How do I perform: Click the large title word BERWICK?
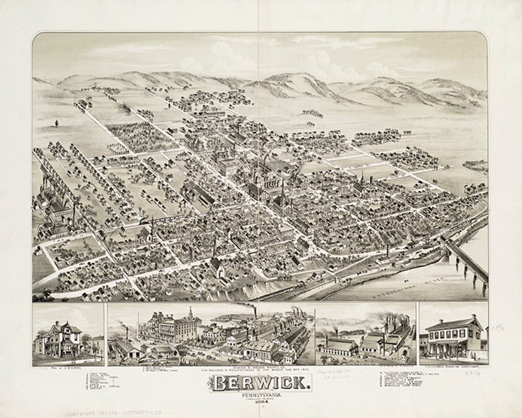(260, 384)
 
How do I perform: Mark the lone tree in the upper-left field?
(57, 123)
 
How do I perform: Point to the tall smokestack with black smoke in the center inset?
(256, 314)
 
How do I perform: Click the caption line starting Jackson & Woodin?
(260, 369)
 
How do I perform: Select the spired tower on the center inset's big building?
(191, 314)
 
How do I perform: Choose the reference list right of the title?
(411, 382)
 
